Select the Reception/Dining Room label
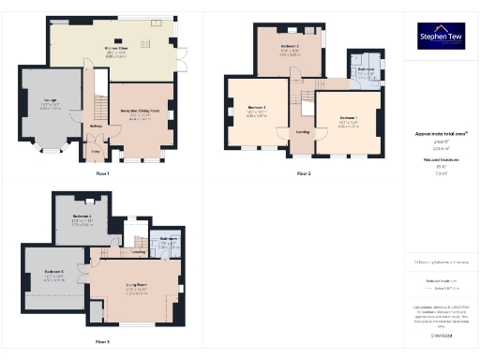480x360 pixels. tap(140, 112)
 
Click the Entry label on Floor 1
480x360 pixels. tap(95, 148)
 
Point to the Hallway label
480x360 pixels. tap(96, 127)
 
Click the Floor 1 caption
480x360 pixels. tap(102, 173)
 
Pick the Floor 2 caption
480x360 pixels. tap(304, 173)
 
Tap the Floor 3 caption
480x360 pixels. tap(102, 341)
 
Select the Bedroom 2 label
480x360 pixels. tap(257, 108)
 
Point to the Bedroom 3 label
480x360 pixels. tap(290, 46)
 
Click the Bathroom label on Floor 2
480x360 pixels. tap(366, 68)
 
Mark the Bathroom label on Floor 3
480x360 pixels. tap(169, 239)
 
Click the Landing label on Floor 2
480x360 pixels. tap(303, 132)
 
